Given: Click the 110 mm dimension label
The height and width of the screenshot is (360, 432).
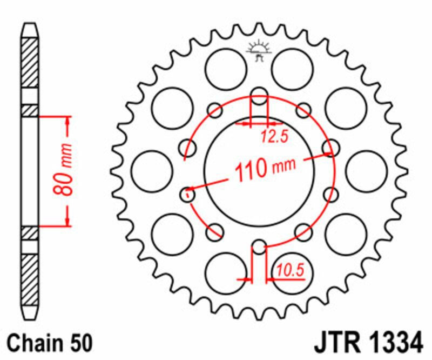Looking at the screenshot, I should coord(264,169).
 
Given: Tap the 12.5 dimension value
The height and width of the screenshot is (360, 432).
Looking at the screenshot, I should coord(274,137).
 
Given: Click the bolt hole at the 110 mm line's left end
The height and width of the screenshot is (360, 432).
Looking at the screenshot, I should coord(188,192).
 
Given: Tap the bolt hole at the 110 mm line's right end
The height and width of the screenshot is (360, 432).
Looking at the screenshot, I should coord(330,148).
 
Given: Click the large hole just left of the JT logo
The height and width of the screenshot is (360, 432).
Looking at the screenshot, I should coord(226,69).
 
